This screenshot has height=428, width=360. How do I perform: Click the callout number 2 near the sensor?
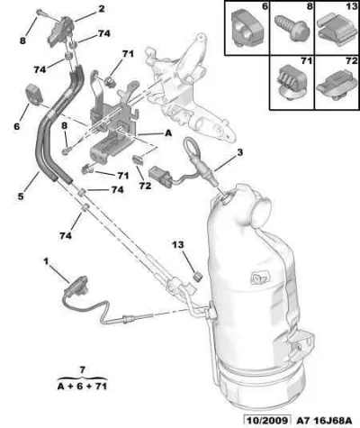tap(101, 9)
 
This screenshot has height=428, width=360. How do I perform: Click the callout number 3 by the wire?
tap(239, 152)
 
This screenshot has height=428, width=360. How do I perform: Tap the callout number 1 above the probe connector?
tap(46, 261)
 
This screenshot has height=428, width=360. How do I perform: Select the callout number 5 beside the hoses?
tap(21, 196)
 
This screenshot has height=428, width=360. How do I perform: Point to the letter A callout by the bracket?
tap(168, 132)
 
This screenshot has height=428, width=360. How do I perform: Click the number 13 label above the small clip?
tap(178, 245)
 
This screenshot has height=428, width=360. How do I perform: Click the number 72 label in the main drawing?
tap(145, 186)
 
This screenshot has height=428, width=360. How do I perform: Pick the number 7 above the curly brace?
tap(83, 369)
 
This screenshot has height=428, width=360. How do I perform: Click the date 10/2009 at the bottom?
tap(267, 421)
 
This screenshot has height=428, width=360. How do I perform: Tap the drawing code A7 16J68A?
tap(325, 421)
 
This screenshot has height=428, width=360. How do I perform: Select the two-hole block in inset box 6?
tap(247, 28)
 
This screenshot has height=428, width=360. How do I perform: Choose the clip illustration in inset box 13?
tap(336, 31)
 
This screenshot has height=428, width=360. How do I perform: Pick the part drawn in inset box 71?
tap(292, 82)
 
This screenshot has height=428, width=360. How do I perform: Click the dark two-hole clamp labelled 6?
tap(33, 95)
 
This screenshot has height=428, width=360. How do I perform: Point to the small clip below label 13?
tap(198, 277)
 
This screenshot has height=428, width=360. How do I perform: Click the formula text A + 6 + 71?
tap(82, 387)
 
